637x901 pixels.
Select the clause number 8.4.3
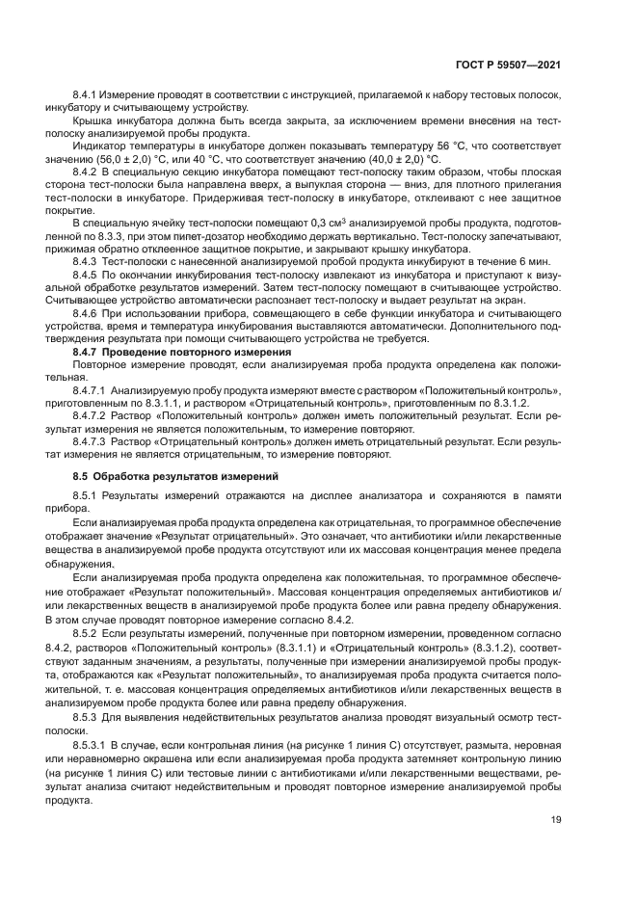click(x=87, y=261)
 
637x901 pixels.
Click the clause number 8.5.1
click(x=87, y=494)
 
